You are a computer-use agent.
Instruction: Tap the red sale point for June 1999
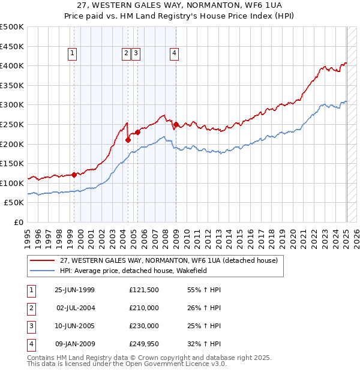point(74,175)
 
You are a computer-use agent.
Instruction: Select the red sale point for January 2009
point(176,124)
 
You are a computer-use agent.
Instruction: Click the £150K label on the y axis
point(12,163)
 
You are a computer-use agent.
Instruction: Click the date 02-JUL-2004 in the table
point(75,308)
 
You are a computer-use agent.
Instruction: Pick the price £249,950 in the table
point(144,344)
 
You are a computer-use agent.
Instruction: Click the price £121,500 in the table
point(144,290)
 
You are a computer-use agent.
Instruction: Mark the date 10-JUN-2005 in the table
point(75,326)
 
